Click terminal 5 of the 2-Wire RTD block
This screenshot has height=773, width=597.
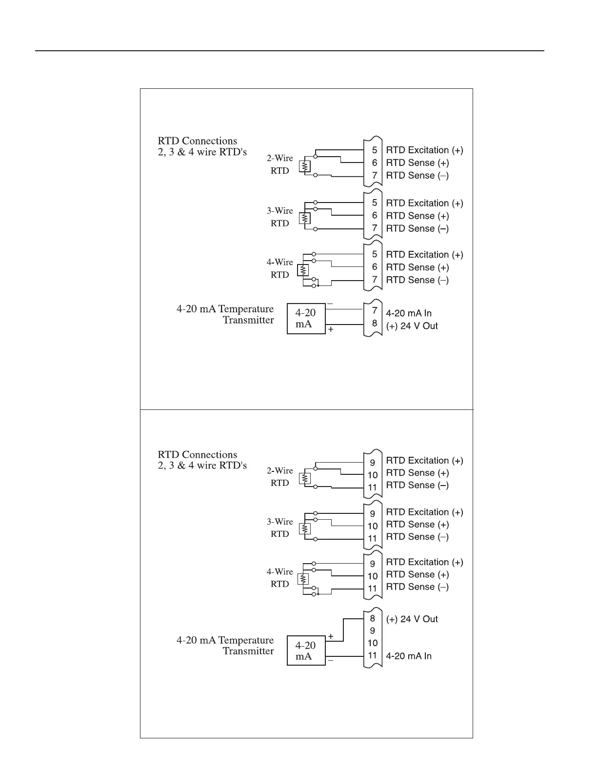tap(375, 150)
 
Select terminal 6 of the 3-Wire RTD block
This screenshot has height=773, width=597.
tap(375, 216)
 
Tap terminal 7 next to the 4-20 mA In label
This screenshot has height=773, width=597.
tap(375, 310)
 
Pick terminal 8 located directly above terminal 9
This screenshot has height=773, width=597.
tap(373, 619)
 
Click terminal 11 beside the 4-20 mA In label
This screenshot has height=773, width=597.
tap(373, 655)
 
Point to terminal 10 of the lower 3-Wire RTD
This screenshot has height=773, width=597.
tap(373, 526)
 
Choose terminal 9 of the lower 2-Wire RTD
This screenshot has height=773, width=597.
tap(373, 463)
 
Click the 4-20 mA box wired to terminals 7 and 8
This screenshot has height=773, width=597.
tap(306, 318)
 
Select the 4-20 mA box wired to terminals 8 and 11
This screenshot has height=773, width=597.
tap(306, 651)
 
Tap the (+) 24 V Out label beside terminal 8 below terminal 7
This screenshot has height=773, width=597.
tap(412, 326)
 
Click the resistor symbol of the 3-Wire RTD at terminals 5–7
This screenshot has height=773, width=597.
tap(305, 218)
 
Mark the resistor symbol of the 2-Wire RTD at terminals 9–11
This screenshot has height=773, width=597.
tap(305, 478)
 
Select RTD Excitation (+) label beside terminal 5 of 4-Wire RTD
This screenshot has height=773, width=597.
tap(424, 255)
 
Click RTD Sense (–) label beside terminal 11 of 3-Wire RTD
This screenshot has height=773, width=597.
tap(417, 537)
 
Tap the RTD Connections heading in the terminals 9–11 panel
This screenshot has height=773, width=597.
tap(198, 454)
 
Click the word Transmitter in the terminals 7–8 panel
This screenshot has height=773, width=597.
tap(248, 320)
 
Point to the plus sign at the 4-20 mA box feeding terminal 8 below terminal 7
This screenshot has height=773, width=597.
tap(331, 329)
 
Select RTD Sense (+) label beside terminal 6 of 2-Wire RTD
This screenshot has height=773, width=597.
tap(417, 163)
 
